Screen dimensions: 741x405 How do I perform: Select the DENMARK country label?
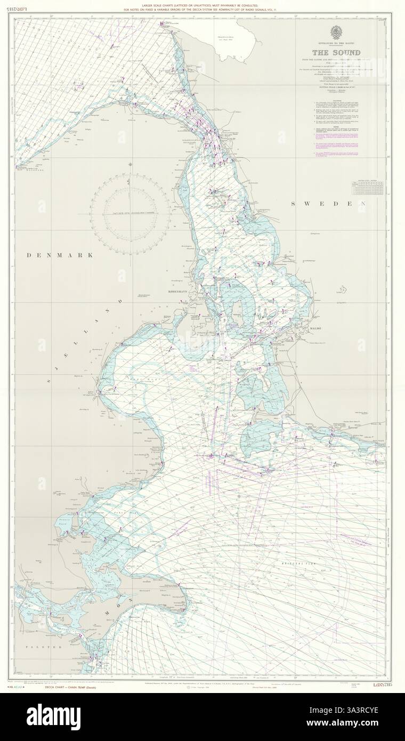[x=60, y=255]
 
